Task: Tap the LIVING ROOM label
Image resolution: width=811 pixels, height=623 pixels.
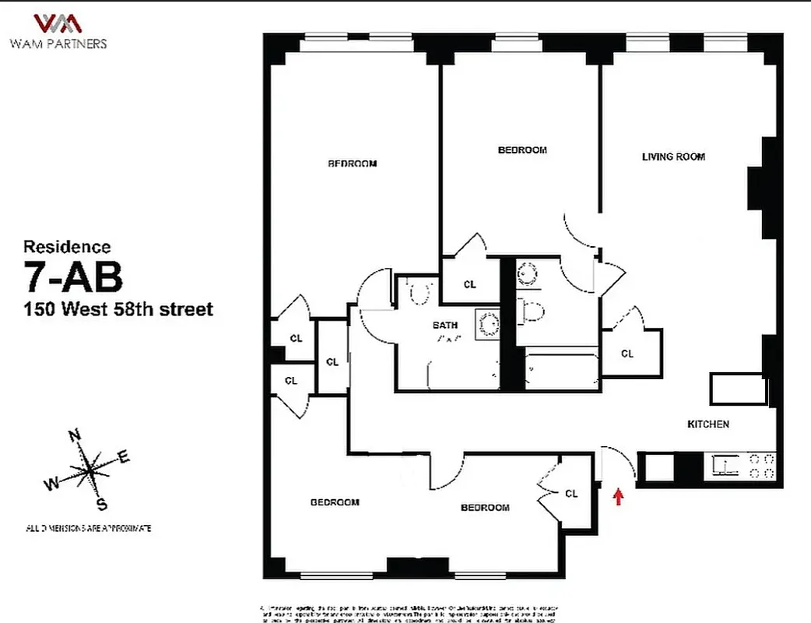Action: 673,157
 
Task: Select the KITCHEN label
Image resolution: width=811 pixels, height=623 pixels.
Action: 707,424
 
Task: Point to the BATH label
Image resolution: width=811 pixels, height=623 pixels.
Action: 446,326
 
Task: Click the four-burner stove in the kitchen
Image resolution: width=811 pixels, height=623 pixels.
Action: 762,466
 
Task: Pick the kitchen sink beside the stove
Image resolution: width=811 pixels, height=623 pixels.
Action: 725,466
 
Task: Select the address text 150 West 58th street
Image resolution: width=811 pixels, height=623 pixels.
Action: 118,309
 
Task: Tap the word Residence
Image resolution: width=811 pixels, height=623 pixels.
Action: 67,247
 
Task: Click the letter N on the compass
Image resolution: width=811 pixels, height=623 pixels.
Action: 75,435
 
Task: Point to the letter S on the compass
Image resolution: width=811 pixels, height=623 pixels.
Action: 101,505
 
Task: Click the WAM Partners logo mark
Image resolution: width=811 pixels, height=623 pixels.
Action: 58,23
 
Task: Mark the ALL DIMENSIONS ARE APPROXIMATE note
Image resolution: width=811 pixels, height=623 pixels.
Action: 88,528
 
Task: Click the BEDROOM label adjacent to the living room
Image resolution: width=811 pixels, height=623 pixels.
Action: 522,150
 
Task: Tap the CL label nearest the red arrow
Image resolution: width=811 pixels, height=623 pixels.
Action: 571,494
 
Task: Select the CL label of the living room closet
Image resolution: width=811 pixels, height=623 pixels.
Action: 627,354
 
